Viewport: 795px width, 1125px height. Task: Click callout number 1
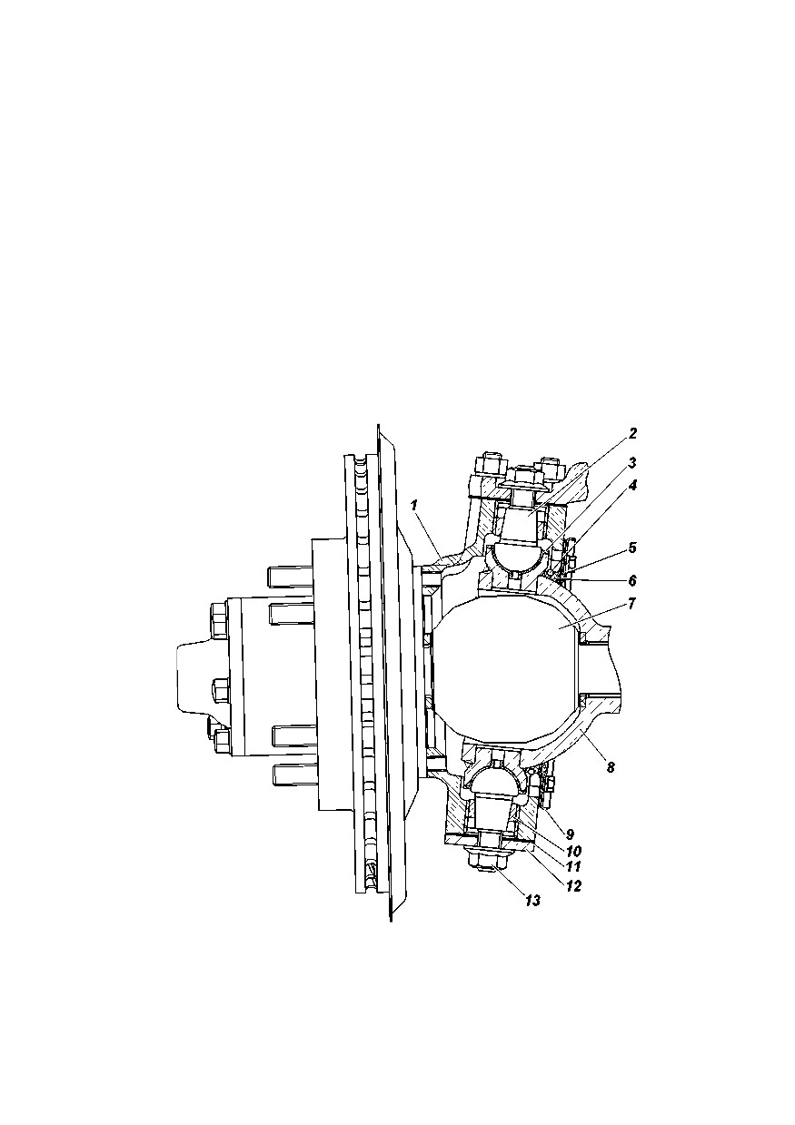(x=414, y=505)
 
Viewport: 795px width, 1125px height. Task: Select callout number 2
(x=633, y=433)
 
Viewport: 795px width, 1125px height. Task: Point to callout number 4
(x=633, y=486)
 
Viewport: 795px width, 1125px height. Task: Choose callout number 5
(x=632, y=548)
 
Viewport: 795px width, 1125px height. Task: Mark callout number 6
(x=632, y=580)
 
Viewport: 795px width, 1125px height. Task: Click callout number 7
(x=632, y=603)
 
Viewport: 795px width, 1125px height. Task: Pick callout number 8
(x=611, y=767)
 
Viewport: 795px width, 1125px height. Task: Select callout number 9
(x=570, y=834)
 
